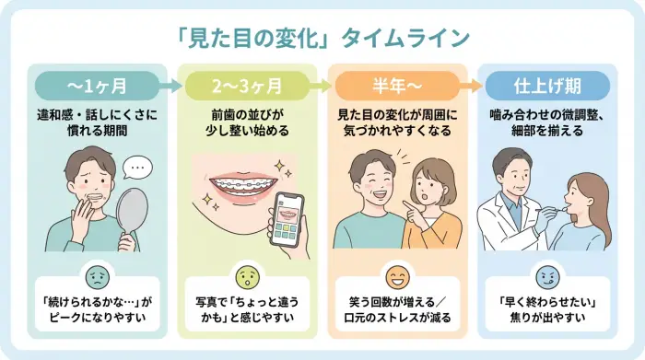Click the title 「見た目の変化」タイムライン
pyautogui.click(x=322, y=38)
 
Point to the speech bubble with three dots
pyautogui.click(x=135, y=168)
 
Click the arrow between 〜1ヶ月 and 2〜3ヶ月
pyautogui.click(x=172, y=87)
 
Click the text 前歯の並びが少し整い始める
pyautogui.click(x=247, y=123)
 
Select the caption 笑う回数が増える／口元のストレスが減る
pyautogui.click(x=397, y=312)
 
